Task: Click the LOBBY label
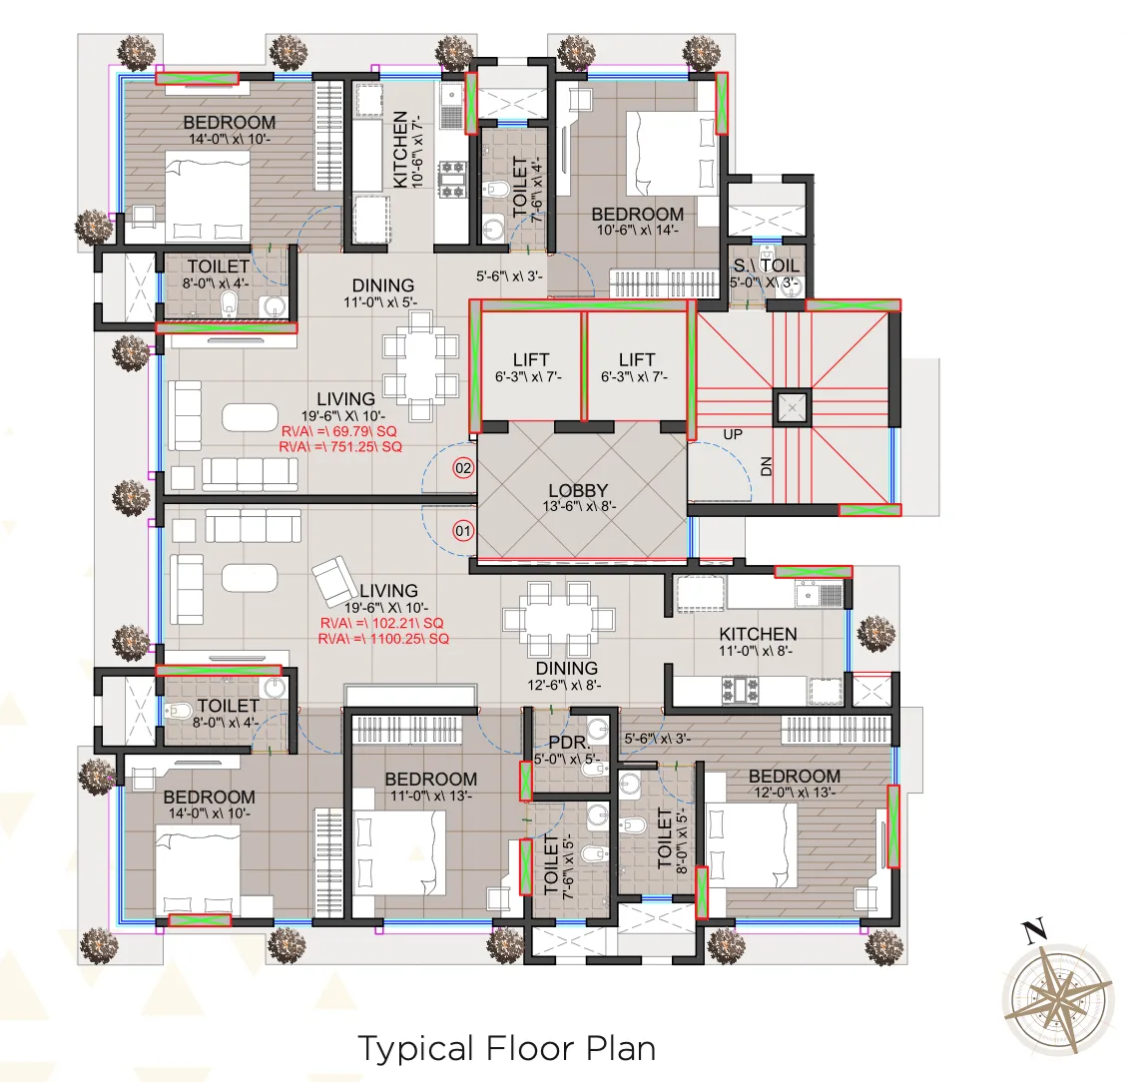coord(577,491)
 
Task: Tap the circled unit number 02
coord(463,468)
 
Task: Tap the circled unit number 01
coord(463,531)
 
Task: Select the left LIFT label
coord(531,359)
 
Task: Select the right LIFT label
coord(637,359)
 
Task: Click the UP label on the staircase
coord(733,435)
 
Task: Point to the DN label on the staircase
coord(767,466)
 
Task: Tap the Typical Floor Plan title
coord(506,1049)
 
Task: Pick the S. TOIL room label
coord(766,266)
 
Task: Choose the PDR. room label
coord(569,744)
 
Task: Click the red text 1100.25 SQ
coord(383,639)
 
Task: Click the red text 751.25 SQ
coord(340,448)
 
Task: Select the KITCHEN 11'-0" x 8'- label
coord(758,634)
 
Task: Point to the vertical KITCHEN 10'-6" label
coord(400,150)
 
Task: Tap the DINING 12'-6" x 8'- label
coord(566,668)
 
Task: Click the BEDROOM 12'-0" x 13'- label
coord(794,777)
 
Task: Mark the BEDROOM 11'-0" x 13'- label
coord(430,780)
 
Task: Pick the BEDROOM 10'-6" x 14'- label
coord(637,215)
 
